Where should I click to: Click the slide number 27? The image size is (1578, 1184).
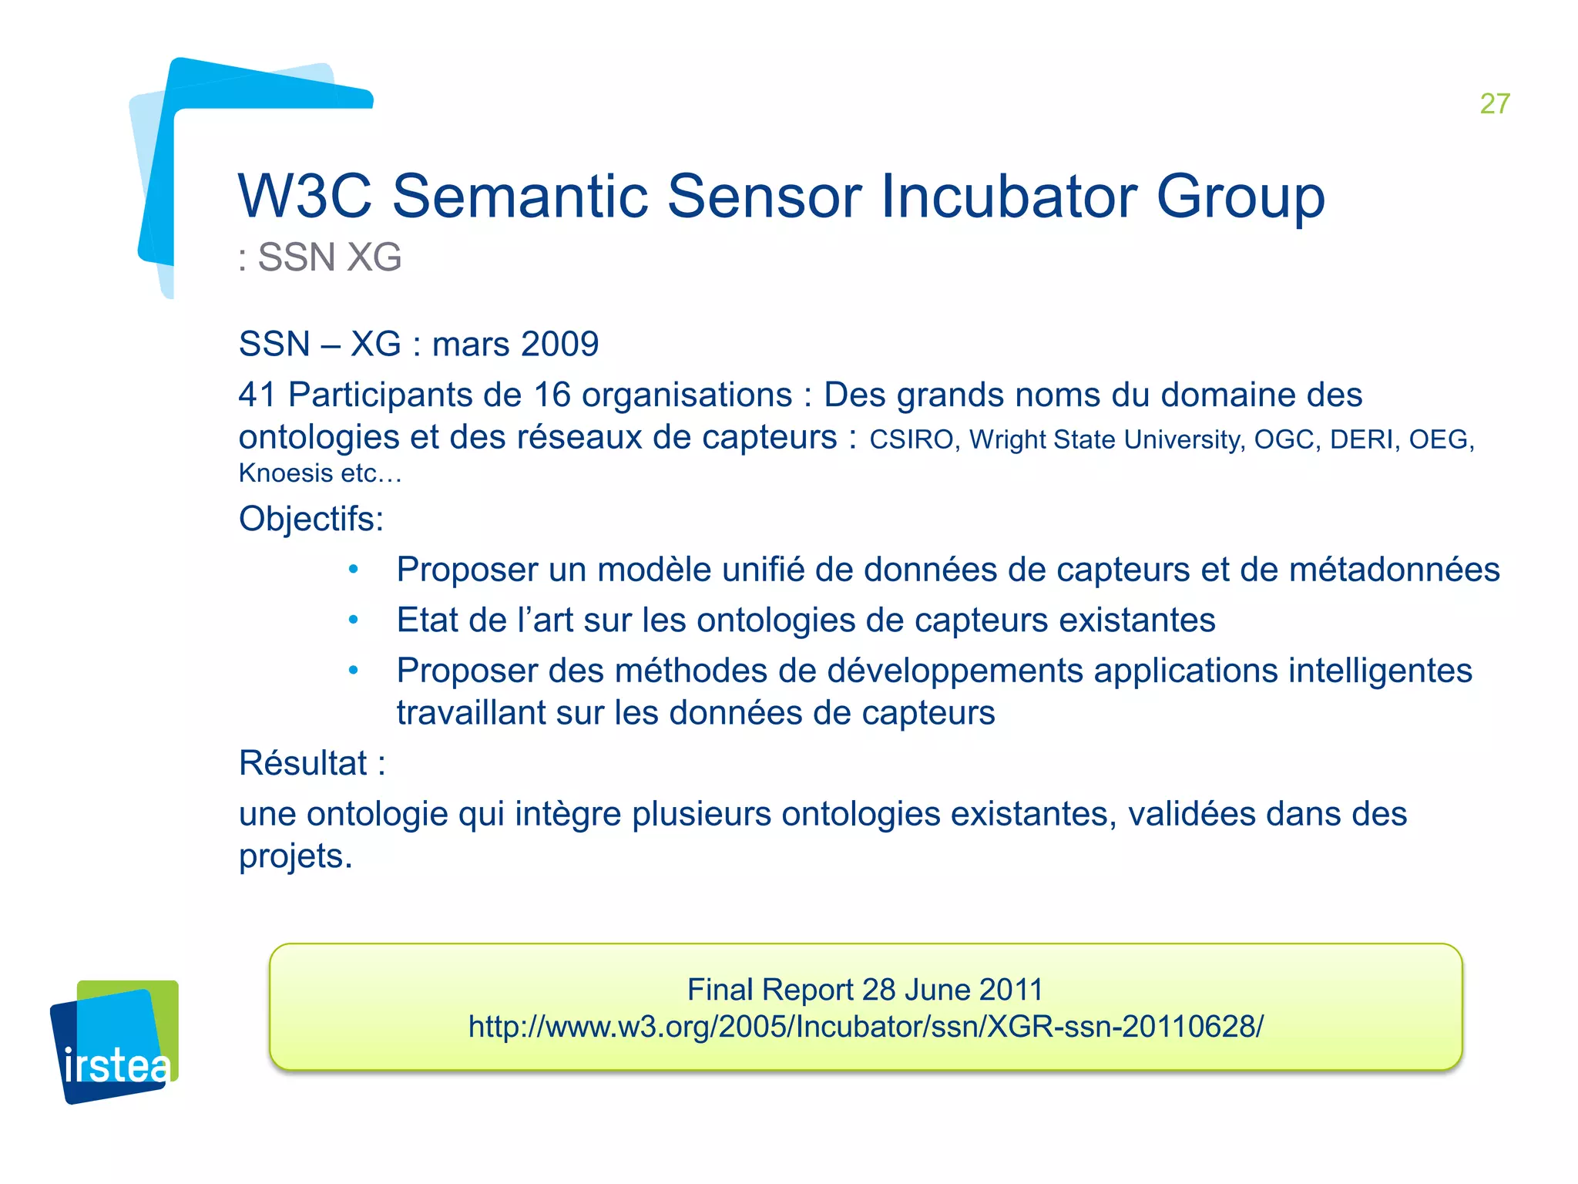pos(1494,103)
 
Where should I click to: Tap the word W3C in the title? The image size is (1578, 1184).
pos(304,197)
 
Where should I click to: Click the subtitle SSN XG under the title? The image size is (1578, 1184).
pos(321,257)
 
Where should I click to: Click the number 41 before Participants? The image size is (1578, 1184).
pos(257,395)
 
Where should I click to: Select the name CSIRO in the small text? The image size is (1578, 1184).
pos(912,439)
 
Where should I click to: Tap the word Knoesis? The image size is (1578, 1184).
pos(286,473)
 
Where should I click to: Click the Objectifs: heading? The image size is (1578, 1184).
pos(311,519)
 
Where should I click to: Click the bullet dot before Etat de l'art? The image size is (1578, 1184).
pos(353,620)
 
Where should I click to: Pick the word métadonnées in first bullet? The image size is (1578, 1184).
pos(1394,570)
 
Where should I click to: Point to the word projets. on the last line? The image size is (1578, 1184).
pos(295,856)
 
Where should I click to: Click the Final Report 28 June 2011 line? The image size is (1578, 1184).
pos(865,990)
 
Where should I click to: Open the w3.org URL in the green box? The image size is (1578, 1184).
pos(865,1027)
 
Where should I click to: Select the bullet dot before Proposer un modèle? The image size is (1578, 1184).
pos(353,570)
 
